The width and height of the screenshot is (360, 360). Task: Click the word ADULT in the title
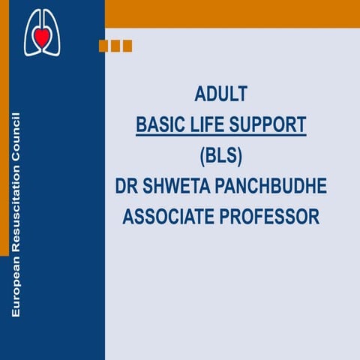tap(220, 95)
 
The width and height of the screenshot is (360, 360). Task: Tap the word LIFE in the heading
tap(206, 124)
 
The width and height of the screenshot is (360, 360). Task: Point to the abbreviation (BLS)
tap(220, 155)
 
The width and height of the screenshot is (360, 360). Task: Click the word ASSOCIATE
tap(169, 217)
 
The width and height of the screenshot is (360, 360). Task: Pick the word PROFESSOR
tap(271, 217)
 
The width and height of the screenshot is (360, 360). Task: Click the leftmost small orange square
tap(103, 46)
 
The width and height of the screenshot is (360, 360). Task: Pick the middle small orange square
tap(115, 46)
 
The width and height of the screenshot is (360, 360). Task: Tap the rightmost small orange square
tap(127, 46)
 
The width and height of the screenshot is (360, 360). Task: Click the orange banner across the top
tap(232, 13)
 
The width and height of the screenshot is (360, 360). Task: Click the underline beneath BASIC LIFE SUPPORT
tap(220, 136)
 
